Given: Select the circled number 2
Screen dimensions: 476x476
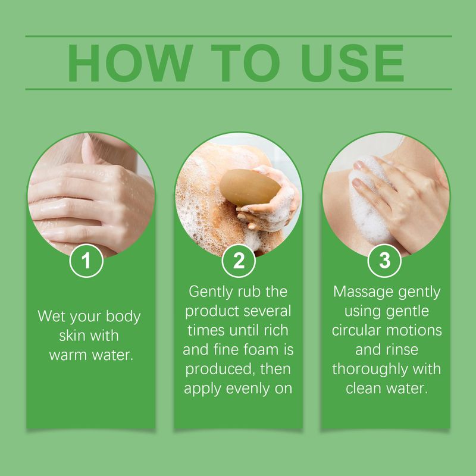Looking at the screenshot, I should click(238, 262).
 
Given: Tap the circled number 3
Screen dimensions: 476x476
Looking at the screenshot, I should click(386, 262).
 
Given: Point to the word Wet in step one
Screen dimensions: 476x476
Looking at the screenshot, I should click(51, 316).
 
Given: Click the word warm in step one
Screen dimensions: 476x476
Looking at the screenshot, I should click(71, 355).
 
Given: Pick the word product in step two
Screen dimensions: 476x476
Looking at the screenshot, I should click(210, 311).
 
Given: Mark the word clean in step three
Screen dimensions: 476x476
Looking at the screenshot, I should click(365, 389).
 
